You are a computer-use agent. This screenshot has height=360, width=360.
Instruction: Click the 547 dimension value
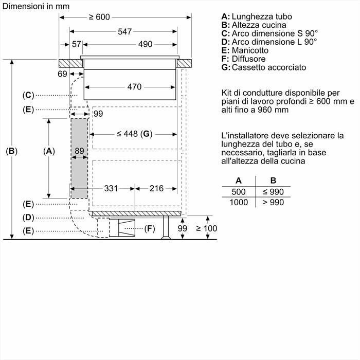click(x=124, y=31)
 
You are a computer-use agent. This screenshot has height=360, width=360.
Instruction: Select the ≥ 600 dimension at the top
click(x=99, y=17)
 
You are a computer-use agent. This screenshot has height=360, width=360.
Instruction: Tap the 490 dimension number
click(x=145, y=45)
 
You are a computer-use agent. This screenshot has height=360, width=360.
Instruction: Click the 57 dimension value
click(x=77, y=45)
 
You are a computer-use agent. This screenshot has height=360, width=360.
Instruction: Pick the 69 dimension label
click(x=62, y=75)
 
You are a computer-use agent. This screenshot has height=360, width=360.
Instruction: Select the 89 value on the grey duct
click(x=79, y=151)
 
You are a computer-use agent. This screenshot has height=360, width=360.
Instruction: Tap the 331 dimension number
click(x=112, y=189)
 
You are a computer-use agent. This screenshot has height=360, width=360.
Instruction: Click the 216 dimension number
click(x=156, y=189)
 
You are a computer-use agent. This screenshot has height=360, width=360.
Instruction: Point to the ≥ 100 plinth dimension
click(x=206, y=228)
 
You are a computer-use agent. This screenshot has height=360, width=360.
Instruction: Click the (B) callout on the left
click(x=11, y=151)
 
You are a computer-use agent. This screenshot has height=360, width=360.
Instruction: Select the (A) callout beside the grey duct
click(x=48, y=151)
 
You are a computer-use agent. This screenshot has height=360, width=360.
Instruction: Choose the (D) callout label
click(x=28, y=218)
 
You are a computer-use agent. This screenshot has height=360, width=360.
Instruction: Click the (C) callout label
click(x=28, y=95)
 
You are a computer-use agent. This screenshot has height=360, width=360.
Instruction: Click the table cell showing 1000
click(x=238, y=203)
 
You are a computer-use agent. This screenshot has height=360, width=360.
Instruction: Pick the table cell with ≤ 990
click(x=274, y=192)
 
